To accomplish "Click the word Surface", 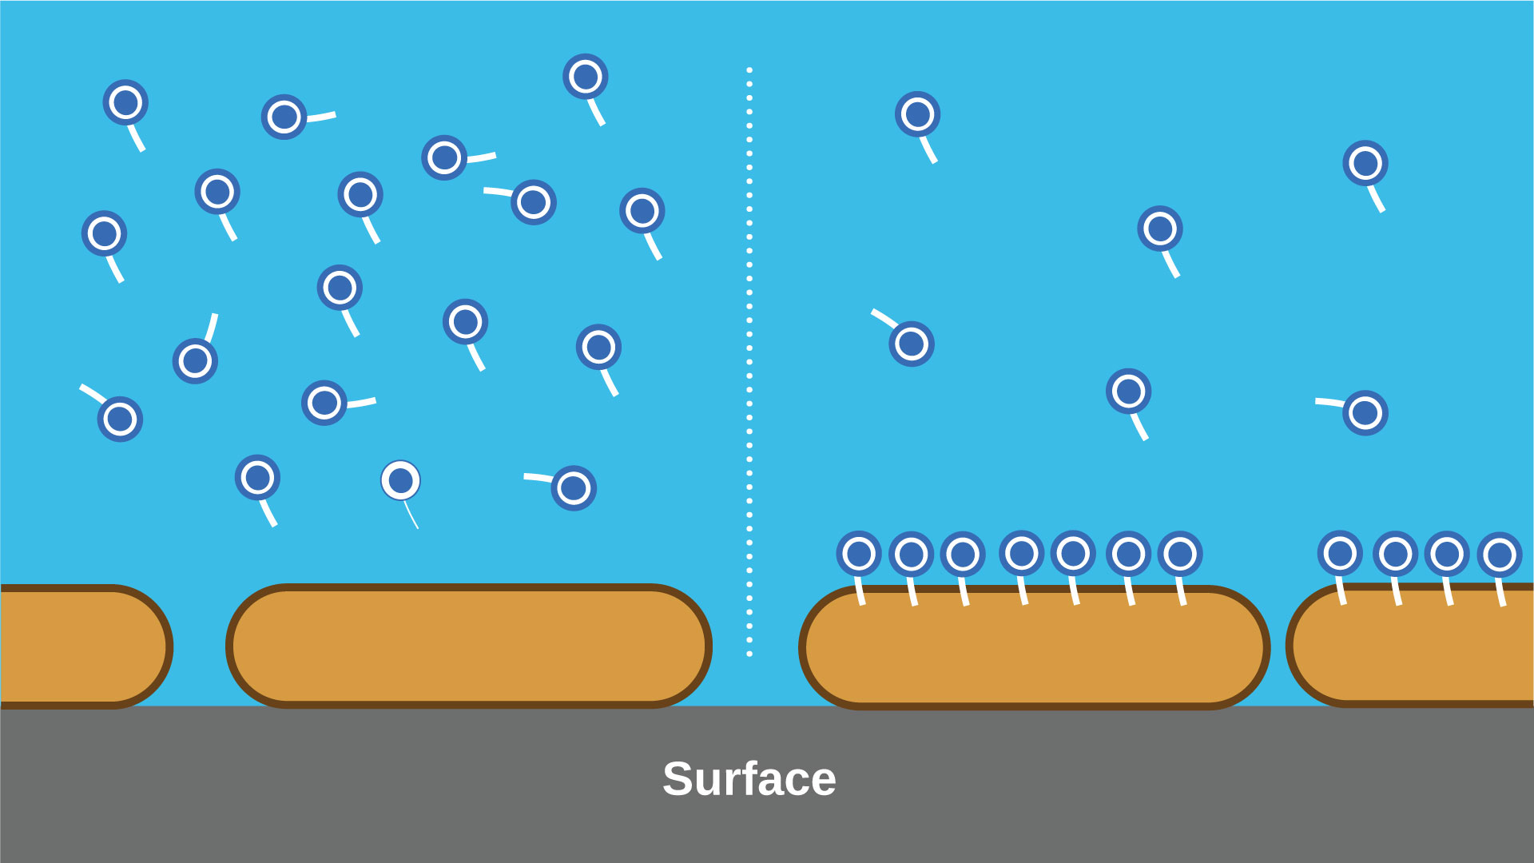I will [x=749, y=779].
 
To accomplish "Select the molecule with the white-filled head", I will [x=400, y=480].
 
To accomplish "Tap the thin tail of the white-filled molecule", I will [x=411, y=515].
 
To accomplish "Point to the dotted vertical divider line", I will [x=749, y=360].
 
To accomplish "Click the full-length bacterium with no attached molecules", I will [x=469, y=646].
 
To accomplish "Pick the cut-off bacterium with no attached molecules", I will [x=80, y=646].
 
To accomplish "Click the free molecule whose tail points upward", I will [x=196, y=360].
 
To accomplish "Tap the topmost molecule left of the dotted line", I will [x=586, y=77].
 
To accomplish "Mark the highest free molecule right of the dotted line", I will [x=917, y=114].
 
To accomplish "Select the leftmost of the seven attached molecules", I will [x=859, y=553].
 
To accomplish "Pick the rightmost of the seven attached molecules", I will [x=1180, y=553].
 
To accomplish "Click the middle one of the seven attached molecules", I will [x=1021, y=553].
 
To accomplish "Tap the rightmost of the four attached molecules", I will [x=1500, y=554].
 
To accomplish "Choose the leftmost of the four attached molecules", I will [x=1340, y=553].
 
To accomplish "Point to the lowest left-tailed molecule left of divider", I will [x=574, y=487].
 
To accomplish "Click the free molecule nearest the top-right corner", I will [x=1365, y=164].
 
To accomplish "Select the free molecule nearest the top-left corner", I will [x=125, y=102].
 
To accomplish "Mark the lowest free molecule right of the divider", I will [x=1365, y=413].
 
